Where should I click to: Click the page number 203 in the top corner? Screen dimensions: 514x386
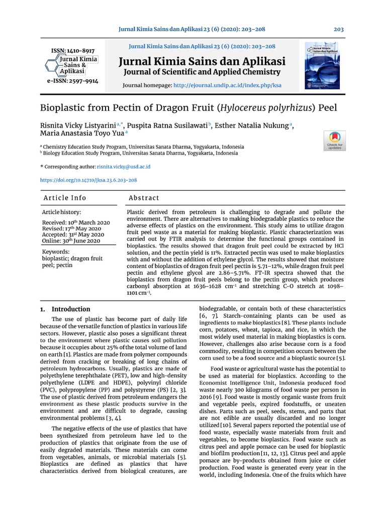point(339,29)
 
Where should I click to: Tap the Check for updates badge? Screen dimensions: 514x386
point(335,140)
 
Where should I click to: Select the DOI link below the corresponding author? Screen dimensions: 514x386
point(88,180)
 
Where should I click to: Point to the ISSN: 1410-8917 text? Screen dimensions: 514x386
point(73,51)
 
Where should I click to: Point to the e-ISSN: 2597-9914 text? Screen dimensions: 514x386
point(73,80)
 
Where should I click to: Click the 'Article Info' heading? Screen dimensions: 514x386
point(65,198)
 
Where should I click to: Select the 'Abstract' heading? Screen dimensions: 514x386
point(144,198)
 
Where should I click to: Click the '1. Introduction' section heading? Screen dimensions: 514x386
point(65,309)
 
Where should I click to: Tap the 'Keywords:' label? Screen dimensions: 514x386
point(56,251)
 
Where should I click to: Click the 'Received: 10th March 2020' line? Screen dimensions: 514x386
point(75,222)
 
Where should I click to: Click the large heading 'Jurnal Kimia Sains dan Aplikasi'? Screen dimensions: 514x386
point(202,62)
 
